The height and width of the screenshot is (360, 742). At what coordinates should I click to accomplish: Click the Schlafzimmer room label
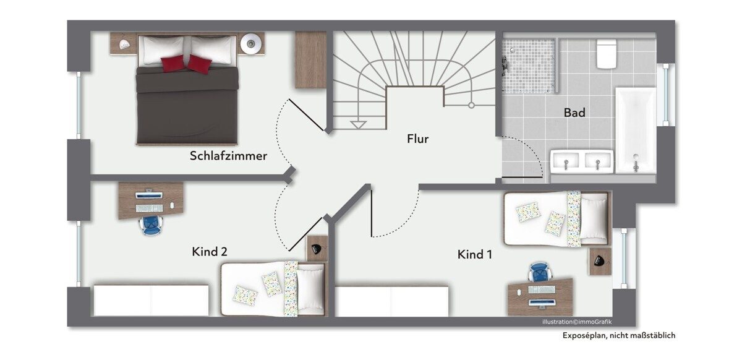(228, 156)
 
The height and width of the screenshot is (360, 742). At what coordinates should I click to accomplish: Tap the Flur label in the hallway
(418, 139)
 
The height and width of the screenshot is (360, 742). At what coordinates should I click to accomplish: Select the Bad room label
(574, 113)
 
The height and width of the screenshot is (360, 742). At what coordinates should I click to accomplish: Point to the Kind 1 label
(474, 254)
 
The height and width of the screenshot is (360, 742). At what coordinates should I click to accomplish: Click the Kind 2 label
(210, 252)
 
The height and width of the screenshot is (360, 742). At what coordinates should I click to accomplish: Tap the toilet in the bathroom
(607, 53)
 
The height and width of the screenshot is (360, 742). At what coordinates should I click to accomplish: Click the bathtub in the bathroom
(636, 130)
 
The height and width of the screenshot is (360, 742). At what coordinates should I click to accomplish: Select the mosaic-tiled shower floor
(528, 66)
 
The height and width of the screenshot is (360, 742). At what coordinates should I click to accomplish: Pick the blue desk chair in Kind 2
(151, 225)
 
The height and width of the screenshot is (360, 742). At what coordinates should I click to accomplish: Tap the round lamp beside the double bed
(251, 43)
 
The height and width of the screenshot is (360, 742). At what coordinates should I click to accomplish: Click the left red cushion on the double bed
(173, 63)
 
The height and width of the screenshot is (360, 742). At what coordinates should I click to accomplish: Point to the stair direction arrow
(358, 125)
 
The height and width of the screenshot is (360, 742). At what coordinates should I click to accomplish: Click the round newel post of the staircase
(471, 105)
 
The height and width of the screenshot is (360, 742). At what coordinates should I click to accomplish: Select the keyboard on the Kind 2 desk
(149, 208)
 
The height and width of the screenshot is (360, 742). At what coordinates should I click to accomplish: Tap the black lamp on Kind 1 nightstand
(599, 260)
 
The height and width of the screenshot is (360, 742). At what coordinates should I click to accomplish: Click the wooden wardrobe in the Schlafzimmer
(310, 59)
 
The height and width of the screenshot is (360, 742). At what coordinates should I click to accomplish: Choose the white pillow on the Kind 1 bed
(593, 219)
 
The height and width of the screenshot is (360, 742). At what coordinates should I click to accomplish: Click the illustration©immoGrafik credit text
(577, 322)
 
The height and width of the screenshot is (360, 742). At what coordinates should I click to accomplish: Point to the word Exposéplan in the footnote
(584, 335)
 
